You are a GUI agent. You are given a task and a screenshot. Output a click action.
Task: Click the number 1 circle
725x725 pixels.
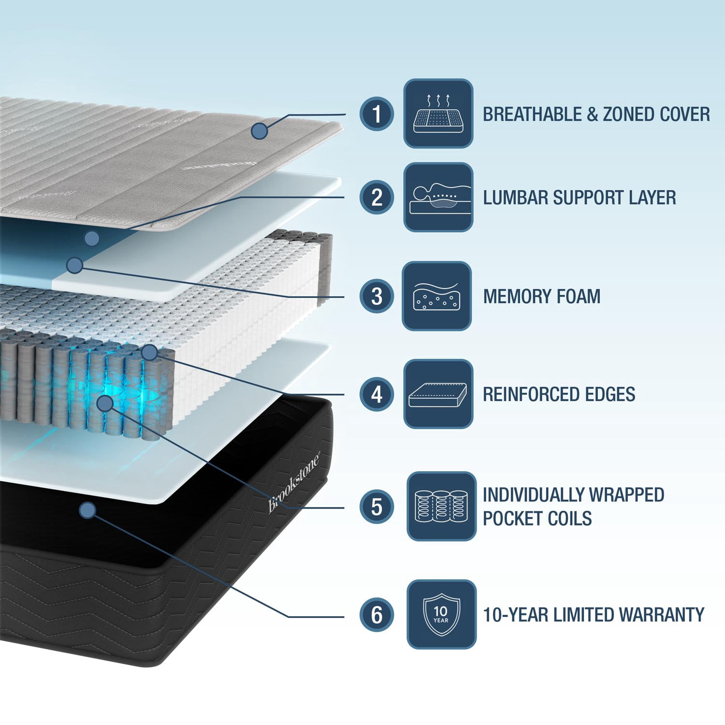click(x=377, y=114)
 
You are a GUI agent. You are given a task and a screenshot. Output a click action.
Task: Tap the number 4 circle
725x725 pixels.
click(x=377, y=394)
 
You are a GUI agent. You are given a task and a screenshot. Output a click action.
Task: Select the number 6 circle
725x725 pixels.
click(x=377, y=614)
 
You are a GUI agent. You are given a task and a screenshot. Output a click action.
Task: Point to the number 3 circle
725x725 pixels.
click(x=377, y=296)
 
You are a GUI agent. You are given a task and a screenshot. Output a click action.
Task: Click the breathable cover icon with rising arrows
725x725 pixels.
click(x=438, y=114)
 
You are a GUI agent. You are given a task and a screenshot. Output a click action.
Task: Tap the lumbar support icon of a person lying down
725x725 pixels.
click(x=438, y=197)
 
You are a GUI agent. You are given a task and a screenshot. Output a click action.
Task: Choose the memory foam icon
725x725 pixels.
click(x=437, y=296)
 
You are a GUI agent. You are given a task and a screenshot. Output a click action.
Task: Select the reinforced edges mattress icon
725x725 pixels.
click(x=438, y=394)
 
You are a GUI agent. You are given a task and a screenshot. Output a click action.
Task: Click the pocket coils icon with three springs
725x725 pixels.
click(x=442, y=506)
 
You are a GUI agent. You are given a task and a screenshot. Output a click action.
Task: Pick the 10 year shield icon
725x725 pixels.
click(x=442, y=614)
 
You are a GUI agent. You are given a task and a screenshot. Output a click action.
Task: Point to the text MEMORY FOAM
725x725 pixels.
click(x=542, y=296)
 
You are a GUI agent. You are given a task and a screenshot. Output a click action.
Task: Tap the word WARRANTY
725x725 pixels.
click(x=661, y=615)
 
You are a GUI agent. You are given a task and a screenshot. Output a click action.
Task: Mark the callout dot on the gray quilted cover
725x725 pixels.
click(x=260, y=130)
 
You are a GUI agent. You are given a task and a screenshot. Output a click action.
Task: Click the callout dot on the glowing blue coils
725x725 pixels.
click(x=105, y=403)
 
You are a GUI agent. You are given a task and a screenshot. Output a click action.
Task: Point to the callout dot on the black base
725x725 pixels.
click(x=87, y=510)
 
